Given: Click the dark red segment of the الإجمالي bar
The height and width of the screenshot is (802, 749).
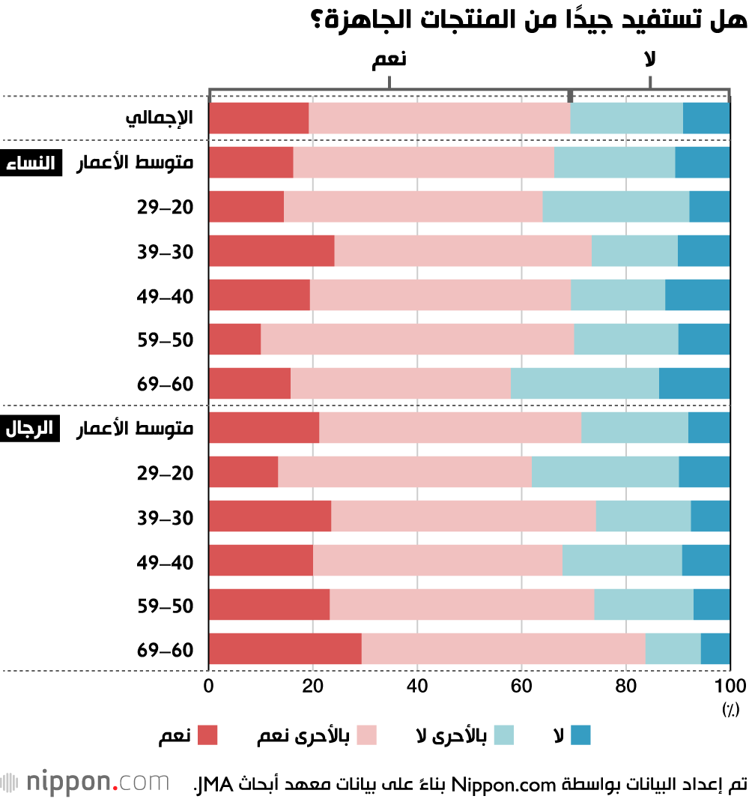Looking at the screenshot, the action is coord(259,118).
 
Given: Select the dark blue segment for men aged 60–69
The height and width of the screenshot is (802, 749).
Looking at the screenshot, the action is coord(715,648).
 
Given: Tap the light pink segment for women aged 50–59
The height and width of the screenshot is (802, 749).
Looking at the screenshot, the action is coord(417,339).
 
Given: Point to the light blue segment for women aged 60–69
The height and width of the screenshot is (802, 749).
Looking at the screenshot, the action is coord(585,383).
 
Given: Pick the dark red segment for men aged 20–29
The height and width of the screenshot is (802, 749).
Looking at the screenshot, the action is coord(244,471).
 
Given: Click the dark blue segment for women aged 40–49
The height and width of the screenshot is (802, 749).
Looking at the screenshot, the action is coord(697,295).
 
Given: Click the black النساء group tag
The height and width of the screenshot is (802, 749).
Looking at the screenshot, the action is coord(31,163).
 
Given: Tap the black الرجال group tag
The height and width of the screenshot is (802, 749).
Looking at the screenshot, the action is coord(30,428).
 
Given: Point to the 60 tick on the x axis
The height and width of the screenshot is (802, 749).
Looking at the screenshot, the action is coord(521,686).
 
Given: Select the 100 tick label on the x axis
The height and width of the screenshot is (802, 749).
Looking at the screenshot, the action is coord(730,686).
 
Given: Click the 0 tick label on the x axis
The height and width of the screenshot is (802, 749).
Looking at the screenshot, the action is coord(208,686).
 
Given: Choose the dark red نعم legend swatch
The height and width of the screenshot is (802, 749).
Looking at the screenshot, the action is coord(207,735).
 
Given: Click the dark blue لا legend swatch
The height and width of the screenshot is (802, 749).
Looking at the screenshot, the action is coord(580,735).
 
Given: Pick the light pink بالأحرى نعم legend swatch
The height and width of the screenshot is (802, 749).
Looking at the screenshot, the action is coord(366,735).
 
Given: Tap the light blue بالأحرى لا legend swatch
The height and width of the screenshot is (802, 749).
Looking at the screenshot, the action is coord(503,735).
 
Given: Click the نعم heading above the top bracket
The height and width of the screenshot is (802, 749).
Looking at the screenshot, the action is coord(389,58).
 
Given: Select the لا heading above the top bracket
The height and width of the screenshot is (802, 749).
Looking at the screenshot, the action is coord(650,58).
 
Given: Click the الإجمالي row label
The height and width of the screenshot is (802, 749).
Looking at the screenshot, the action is coord(160,118).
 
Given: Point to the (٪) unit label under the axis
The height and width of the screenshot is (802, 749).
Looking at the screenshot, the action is coord(730,709).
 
